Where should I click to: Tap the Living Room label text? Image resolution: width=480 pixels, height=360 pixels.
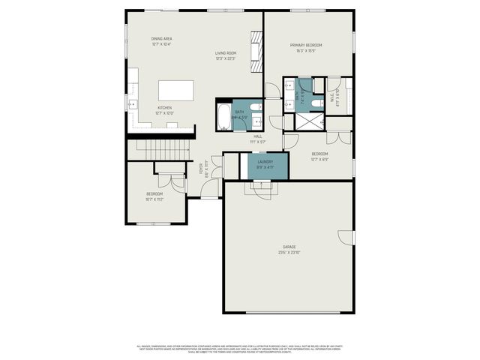[x=226, y=52]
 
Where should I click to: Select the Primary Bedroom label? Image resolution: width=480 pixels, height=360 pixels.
[x=307, y=45]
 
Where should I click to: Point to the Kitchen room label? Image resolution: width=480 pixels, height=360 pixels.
[x=164, y=107]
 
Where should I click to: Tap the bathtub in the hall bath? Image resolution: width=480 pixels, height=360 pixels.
[x=224, y=117]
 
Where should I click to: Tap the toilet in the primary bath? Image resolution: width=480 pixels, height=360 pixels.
[x=317, y=85]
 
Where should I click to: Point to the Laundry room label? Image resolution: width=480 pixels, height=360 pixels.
[x=265, y=162]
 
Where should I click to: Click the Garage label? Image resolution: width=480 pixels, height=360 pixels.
[x=289, y=247]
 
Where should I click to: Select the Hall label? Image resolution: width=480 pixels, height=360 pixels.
[x=257, y=136]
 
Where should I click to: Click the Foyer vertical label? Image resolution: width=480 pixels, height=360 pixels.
[x=201, y=169]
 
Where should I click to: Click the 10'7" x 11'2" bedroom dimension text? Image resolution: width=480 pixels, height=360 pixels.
[x=154, y=199]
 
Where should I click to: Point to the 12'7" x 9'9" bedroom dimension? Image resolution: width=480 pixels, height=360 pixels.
[x=319, y=159]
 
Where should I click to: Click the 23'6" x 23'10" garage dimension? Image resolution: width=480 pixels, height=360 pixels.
[x=289, y=253]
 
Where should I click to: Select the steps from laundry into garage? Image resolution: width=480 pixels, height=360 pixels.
[x=262, y=190]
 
